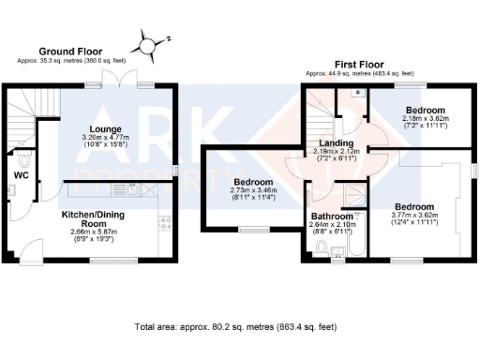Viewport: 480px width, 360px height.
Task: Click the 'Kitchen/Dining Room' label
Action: (101, 221)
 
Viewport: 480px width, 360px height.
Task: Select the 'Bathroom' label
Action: (331, 217)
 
